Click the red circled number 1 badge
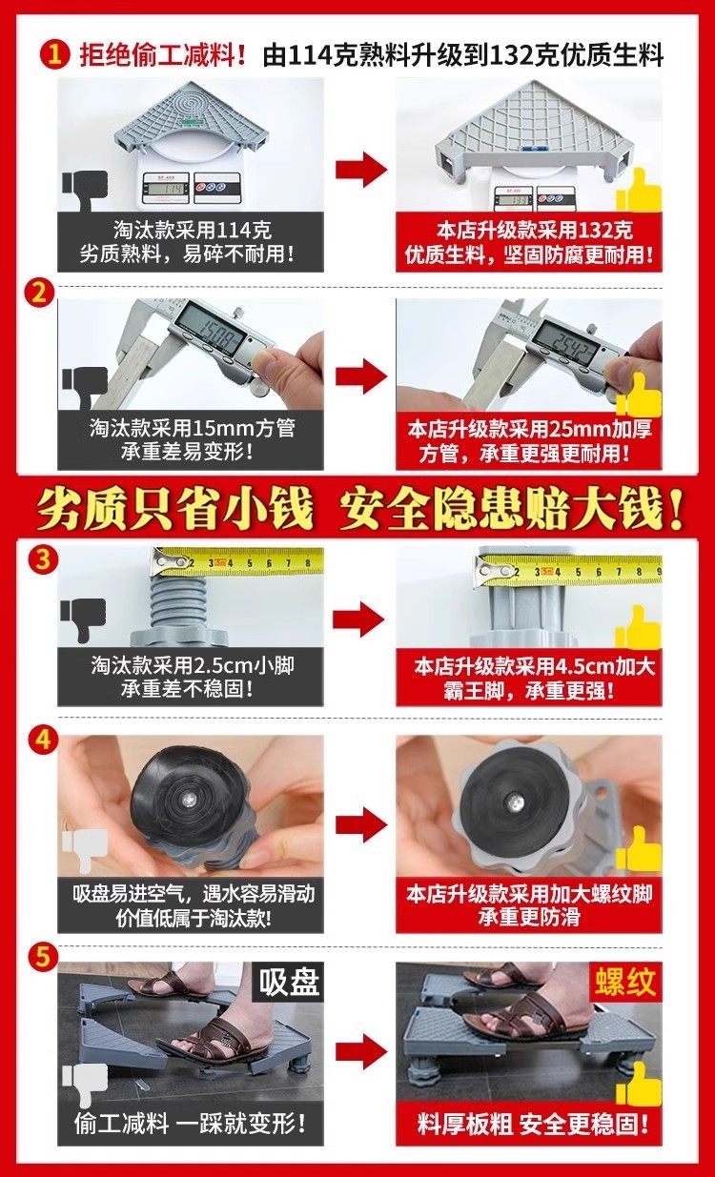tap(54, 54)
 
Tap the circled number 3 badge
tap(43, 558)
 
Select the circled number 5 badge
tap(43, 957)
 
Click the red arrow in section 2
tap(360, 376)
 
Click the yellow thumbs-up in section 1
tap(640, 191)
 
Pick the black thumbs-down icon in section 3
tap(84, 619)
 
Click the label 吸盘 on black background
tap(288, 981)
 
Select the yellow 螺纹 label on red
tap(625, 981)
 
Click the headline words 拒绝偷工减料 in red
tap(162, 55)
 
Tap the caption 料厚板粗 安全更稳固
tap(532, 1125)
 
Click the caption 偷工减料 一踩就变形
tap(190, 1125)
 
